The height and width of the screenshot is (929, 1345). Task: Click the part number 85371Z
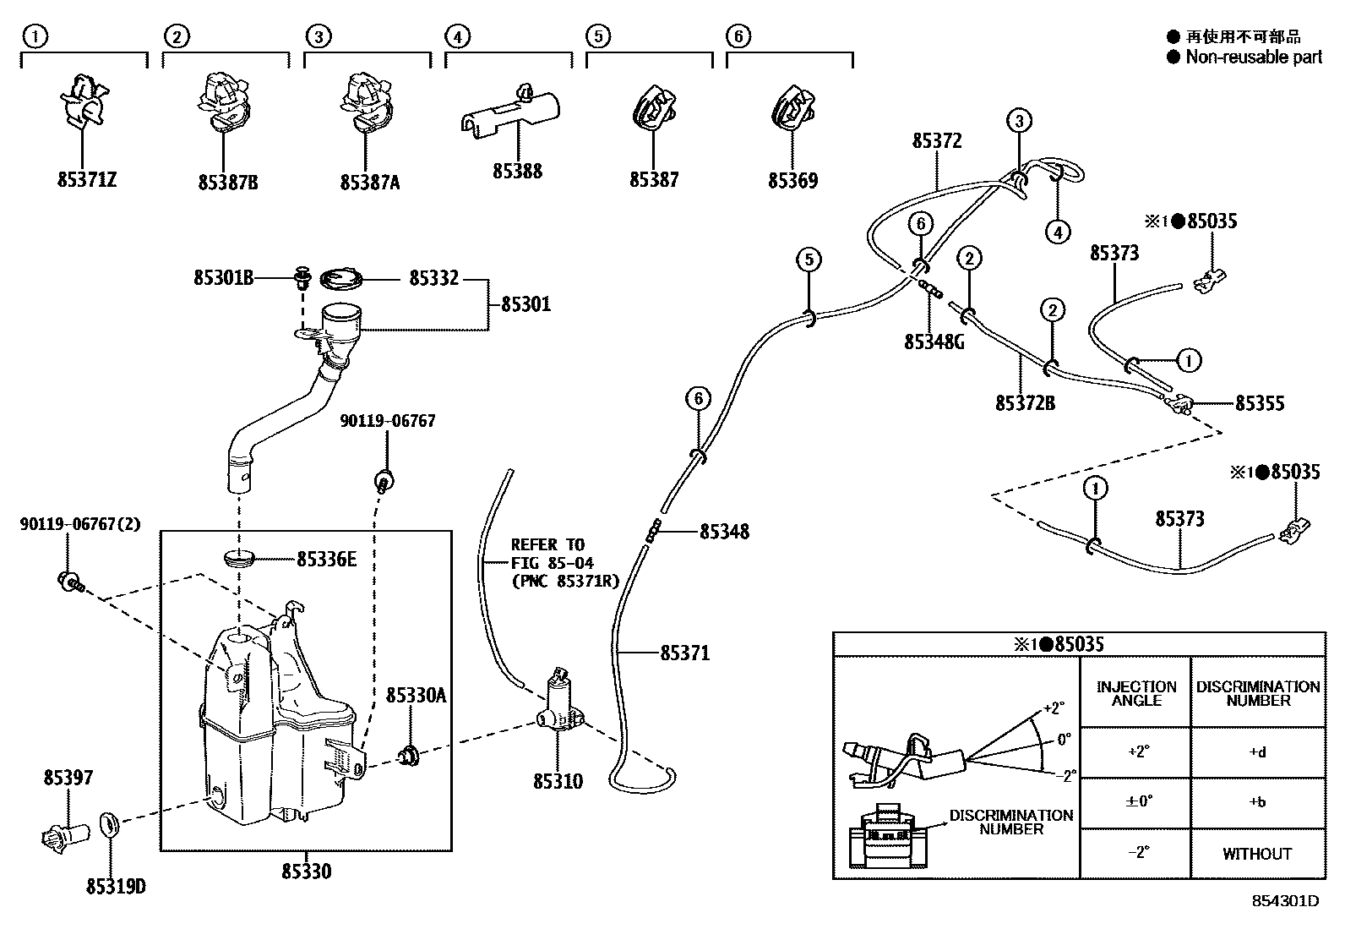click(86, 180)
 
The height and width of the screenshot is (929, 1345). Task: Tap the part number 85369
click(792, 181)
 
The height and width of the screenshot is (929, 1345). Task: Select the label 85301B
click(223, 278)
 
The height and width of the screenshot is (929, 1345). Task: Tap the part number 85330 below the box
click(306, 871)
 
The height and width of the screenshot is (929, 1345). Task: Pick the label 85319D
click(115, 887)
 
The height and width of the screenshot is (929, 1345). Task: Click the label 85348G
click(934, 342)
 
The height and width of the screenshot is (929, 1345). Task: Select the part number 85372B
click(1025, 403)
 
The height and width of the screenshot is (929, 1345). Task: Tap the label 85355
click(1259, 403)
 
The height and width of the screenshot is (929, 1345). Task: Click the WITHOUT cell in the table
click(1256, 854)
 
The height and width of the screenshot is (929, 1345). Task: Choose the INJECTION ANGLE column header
click(1135, 693)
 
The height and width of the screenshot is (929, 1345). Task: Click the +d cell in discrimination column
click(1256, 752)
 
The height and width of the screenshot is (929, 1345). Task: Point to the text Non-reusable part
click(1253, 57)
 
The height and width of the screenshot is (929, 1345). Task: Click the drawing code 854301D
click(1285, 901)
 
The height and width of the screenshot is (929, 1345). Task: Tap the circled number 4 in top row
click(456, 36)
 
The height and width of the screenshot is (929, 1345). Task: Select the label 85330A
click(416, 696)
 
